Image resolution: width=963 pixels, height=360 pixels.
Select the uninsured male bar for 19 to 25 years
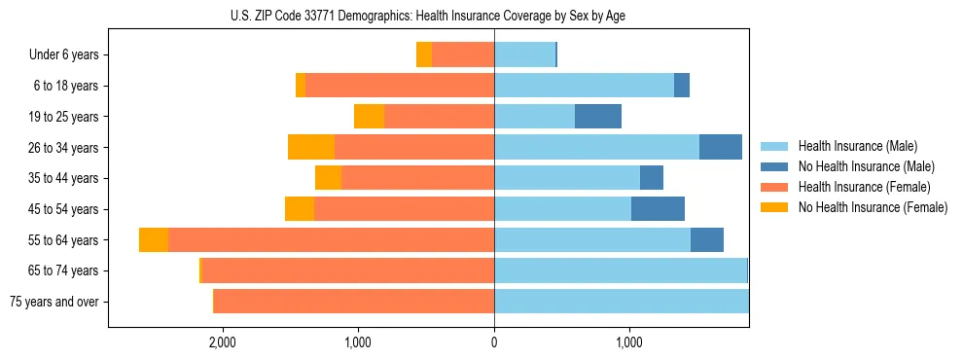pyautogui.click(x=598, y=117)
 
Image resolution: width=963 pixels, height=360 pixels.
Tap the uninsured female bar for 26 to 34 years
pyautogui.click(x=311, y=147)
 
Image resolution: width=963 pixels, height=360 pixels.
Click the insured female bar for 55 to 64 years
pyautogui.click(x=331, y=240)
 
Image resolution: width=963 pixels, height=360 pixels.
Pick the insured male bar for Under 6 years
pyautogui.click(x=524, y=54)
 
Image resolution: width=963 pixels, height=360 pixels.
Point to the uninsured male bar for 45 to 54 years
pyautogui.click(x=658, y=209)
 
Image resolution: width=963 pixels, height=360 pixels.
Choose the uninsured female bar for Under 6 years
pyautogui.click(x=424, y=54)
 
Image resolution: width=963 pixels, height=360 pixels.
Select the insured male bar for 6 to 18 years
pyautogui.click(x=584, y=86)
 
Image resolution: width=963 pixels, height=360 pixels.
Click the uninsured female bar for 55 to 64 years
pyautogui.click(x=154, y=240)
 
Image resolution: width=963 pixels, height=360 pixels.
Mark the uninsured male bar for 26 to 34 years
pyautogui.click(x=721, y=147)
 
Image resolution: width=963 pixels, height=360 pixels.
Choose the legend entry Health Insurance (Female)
pyautogui.click(x=864, y=187)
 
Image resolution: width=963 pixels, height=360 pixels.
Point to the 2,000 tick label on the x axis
pyautogui.click(x=223, y=342)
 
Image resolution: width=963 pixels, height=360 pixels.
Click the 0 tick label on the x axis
pyautogui.click(x=494, y=342)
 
